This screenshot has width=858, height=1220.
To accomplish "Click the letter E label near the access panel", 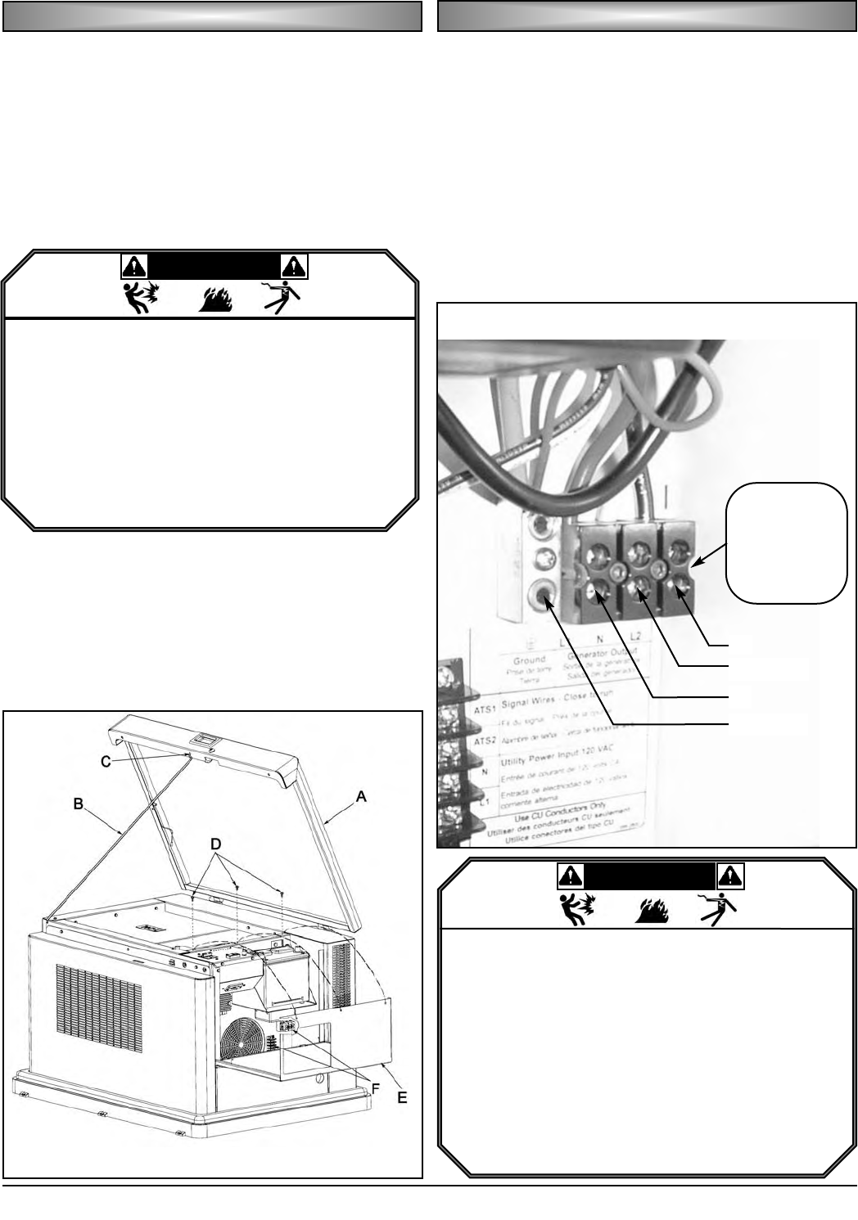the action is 402,1099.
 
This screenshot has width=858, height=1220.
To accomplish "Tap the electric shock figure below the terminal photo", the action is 719,907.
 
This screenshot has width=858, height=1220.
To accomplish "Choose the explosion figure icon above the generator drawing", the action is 140,299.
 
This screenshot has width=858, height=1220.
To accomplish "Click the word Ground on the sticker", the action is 529,660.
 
